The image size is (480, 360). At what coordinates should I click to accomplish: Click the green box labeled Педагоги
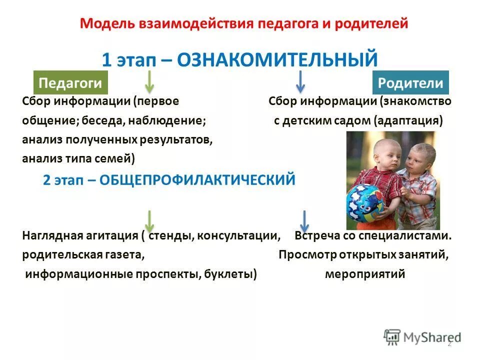click(x=70, y=82)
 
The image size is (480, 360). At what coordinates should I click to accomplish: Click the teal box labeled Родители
click(x=410, y=82)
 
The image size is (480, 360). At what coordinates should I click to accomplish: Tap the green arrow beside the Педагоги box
click(x=149, y=82)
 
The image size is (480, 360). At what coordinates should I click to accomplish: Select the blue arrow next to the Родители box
click(x=300, y=82)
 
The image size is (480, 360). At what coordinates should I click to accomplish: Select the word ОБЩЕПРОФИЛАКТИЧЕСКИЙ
click(x=197, y=180)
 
